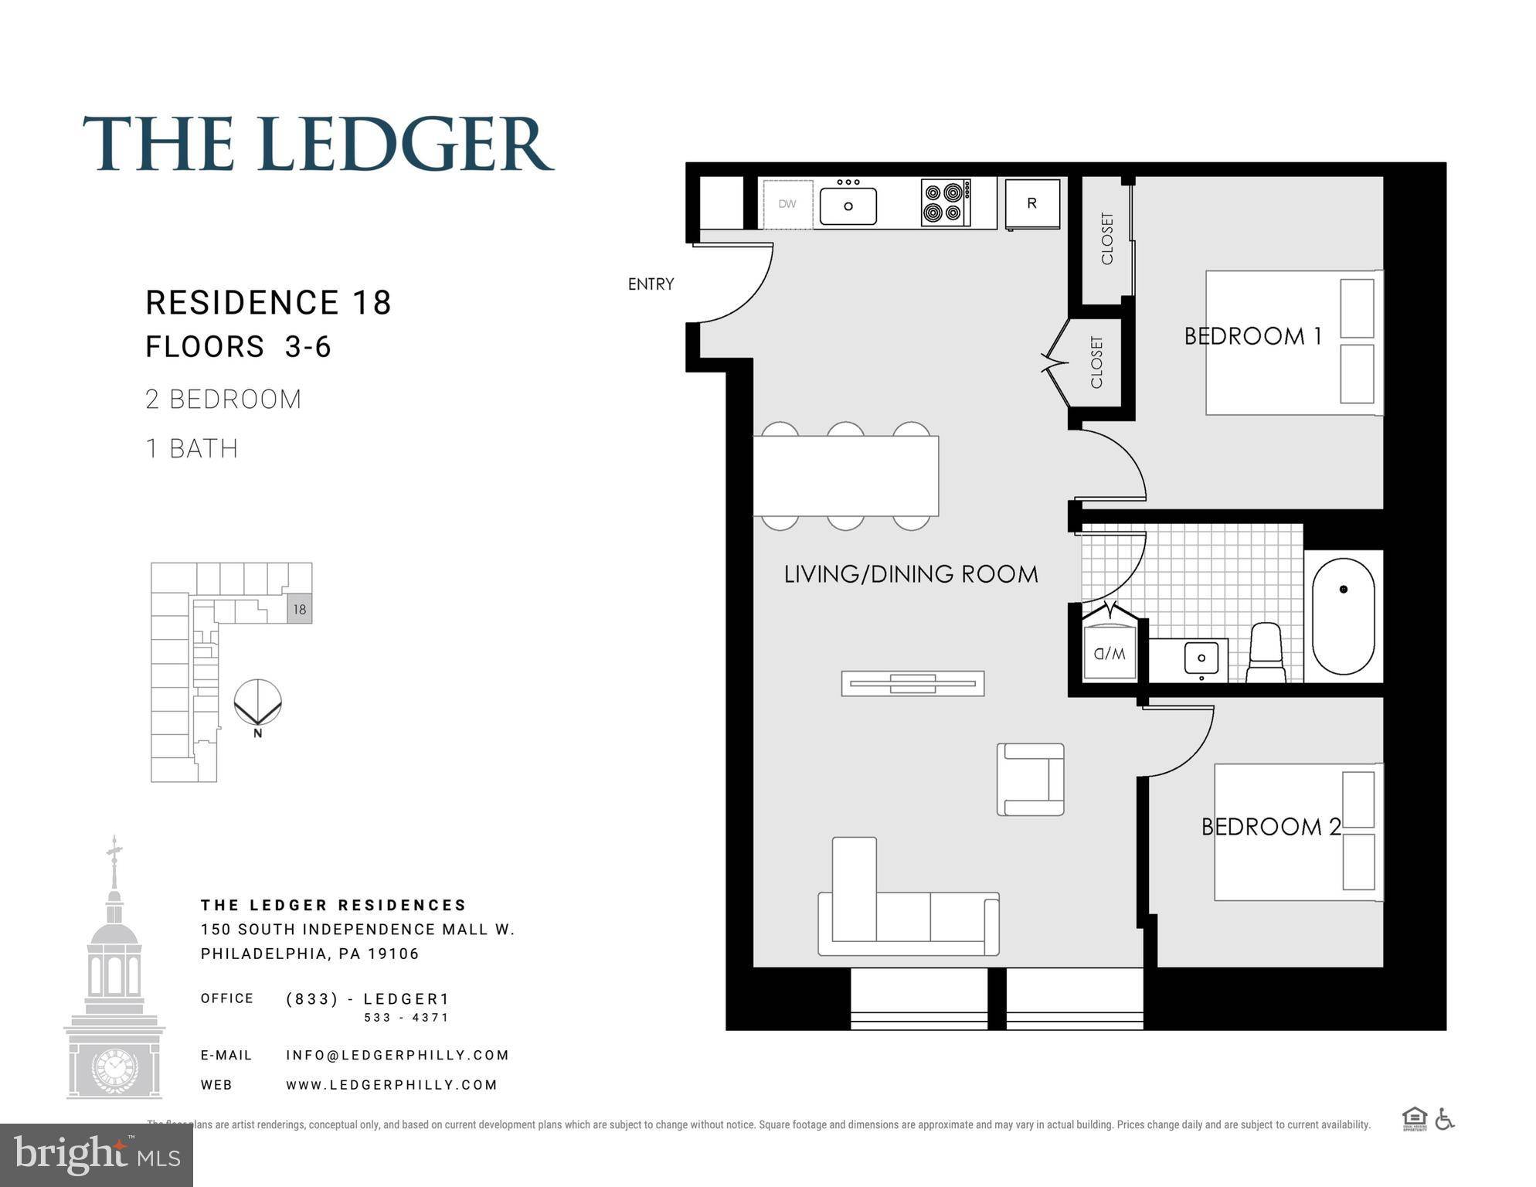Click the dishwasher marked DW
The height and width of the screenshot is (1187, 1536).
pos(787,204)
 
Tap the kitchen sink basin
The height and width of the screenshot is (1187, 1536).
pos(848,206)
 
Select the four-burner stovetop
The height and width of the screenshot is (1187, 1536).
pos(946,202)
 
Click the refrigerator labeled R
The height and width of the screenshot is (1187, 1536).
pos(1031,203)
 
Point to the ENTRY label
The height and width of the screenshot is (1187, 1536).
pos(651,284)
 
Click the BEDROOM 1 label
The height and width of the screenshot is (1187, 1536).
pos(1252,336)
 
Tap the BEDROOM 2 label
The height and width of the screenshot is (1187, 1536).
pos(1270,827)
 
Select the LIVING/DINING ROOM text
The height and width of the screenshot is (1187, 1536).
pos(910,574)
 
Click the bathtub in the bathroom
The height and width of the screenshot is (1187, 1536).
pos(1343,616)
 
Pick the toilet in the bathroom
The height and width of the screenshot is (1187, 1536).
pos(1266,654)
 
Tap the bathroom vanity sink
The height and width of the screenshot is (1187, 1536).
pos(1201,658)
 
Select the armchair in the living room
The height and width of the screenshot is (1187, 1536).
pos(1030,779)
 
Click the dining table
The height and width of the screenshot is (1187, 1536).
pos(845,475)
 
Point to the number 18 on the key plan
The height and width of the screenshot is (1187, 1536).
pos(300,609)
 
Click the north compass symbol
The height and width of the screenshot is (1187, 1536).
pos(257,703)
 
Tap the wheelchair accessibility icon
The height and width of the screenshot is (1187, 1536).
pos(1444,1119)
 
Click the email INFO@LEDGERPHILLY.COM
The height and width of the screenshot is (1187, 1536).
pos(397,1055)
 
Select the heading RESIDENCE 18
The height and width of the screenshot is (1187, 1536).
pos(268,302)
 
